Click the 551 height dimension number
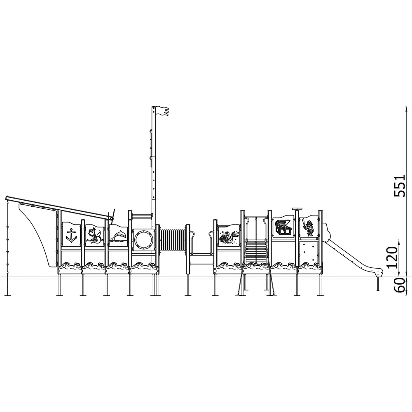coord(399,185)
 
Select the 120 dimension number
coord(393,257)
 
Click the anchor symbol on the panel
coord(71,235)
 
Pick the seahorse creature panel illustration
coord(95,235)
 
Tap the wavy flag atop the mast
coord(162,111)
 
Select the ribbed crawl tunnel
coord(173,240)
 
